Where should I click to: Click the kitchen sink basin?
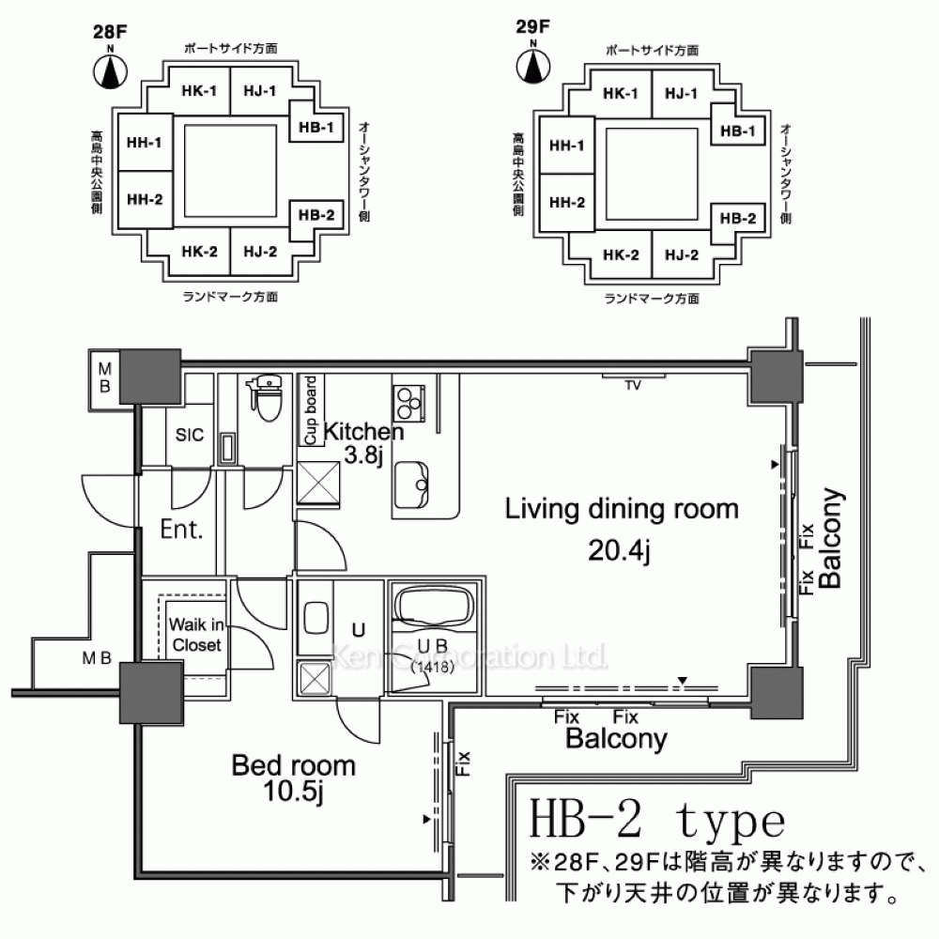(x=412, y=485)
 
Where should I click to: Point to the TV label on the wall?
(x=633, y=386)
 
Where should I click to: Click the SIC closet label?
(x=190, y=435)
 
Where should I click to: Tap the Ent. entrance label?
(x=181, y=530)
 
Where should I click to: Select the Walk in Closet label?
(x=196, y=635)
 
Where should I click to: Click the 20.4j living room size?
(x=619, y=550)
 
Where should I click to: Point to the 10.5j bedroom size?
(x=293, y=792)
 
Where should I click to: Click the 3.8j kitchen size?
(x=363, y=455)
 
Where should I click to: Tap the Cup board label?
(x=310, y=410)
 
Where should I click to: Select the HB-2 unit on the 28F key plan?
(x=316, y=216)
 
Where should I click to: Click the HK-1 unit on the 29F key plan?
(x=621, y=94)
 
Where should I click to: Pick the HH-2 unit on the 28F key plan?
(x=145, y=199)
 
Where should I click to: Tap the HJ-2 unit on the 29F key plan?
(x=682, y=255)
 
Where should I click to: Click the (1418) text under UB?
(x=432, y=666)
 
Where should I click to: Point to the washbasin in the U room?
(x=316, y=618)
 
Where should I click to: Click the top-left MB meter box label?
(x=105, y=377)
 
